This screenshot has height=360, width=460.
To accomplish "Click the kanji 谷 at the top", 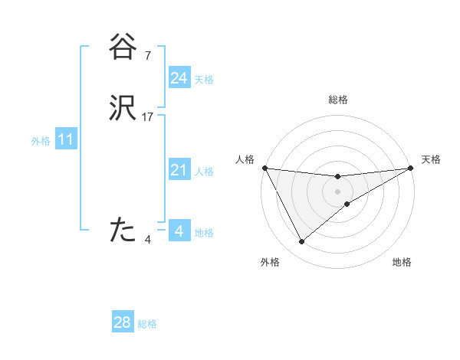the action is tap(123, 47).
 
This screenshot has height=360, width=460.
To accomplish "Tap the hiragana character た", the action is tap(123, 230).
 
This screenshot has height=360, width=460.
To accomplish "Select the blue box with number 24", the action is tap(179, 78).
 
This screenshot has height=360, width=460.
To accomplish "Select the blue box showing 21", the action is tap(179, 170).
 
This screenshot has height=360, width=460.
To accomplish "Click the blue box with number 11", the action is tap(66, 140).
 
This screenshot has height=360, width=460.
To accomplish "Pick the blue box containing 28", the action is tap(123, 322).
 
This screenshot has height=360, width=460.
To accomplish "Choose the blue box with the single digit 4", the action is tap(179, 231).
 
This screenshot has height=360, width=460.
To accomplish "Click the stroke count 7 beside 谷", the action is tap(147, 55).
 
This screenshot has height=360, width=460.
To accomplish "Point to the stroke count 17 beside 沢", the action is tap(148, 117).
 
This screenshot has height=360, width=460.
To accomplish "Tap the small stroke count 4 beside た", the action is tap(147, 239).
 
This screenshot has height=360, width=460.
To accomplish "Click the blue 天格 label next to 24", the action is tap(204, 80).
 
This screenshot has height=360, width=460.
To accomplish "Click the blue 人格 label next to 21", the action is tap(204, 172).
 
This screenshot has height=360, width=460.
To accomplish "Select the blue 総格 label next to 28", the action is tap(147, 324).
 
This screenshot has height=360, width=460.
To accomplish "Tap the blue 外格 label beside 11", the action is tap(41, 141).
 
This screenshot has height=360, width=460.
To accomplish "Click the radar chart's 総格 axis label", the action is tap(337, 100).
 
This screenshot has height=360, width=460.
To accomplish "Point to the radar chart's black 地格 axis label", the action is tap(402, 263).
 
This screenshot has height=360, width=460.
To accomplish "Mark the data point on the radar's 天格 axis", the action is tap(410, 168).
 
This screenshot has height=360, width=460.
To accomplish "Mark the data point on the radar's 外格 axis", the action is tap(302, 242).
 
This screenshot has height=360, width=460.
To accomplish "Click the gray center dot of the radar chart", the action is tap(337, 191).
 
